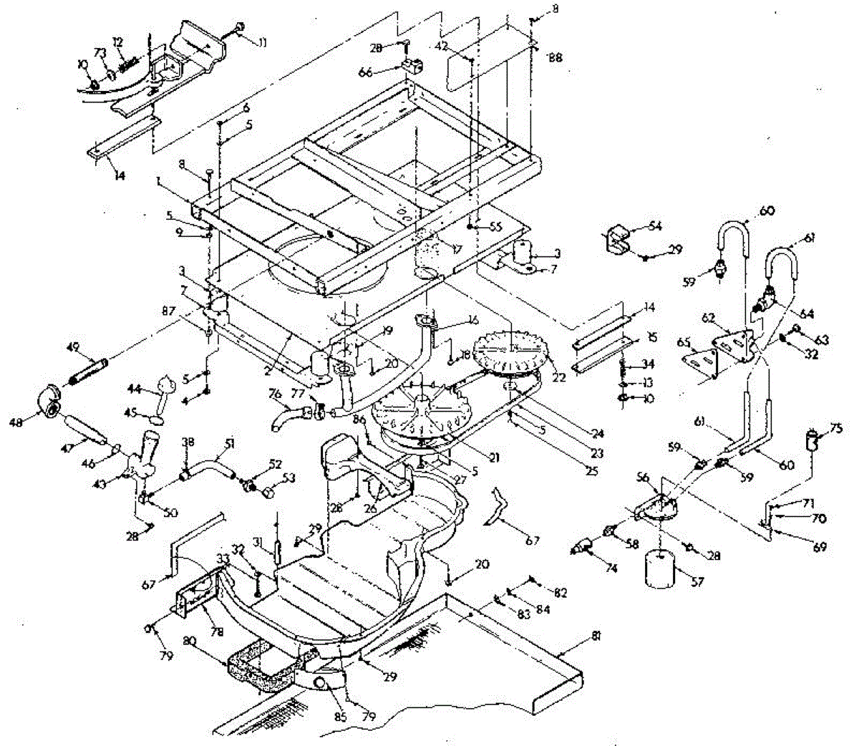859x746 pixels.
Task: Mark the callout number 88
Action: point(555,57)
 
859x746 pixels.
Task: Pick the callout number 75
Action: point(835,430)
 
